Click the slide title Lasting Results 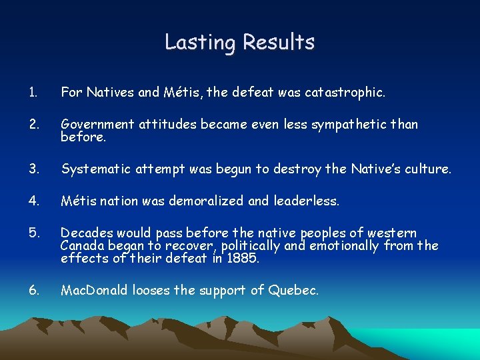239,42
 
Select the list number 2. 34,124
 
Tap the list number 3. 34,169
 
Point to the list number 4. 34,200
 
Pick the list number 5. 34,233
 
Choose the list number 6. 34,290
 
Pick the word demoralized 221,200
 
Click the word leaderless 307,200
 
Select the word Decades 85,233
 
